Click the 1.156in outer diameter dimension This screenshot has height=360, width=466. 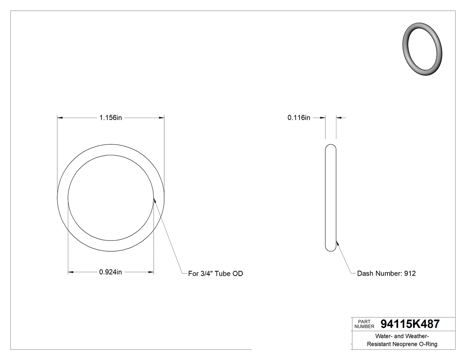point(111,118)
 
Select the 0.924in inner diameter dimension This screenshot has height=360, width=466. point(111,272)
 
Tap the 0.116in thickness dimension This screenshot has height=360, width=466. point(299,118)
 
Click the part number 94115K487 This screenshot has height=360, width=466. point(410,324)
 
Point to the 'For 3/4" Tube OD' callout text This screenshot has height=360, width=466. point(215,273)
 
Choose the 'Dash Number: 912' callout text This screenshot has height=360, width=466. point(386,273)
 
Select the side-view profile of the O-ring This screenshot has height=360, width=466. point(331,198)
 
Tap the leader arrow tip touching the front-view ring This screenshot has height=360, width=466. point(154,200)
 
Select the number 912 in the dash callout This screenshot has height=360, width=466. point(410,273)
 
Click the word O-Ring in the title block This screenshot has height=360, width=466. point(429,344)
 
